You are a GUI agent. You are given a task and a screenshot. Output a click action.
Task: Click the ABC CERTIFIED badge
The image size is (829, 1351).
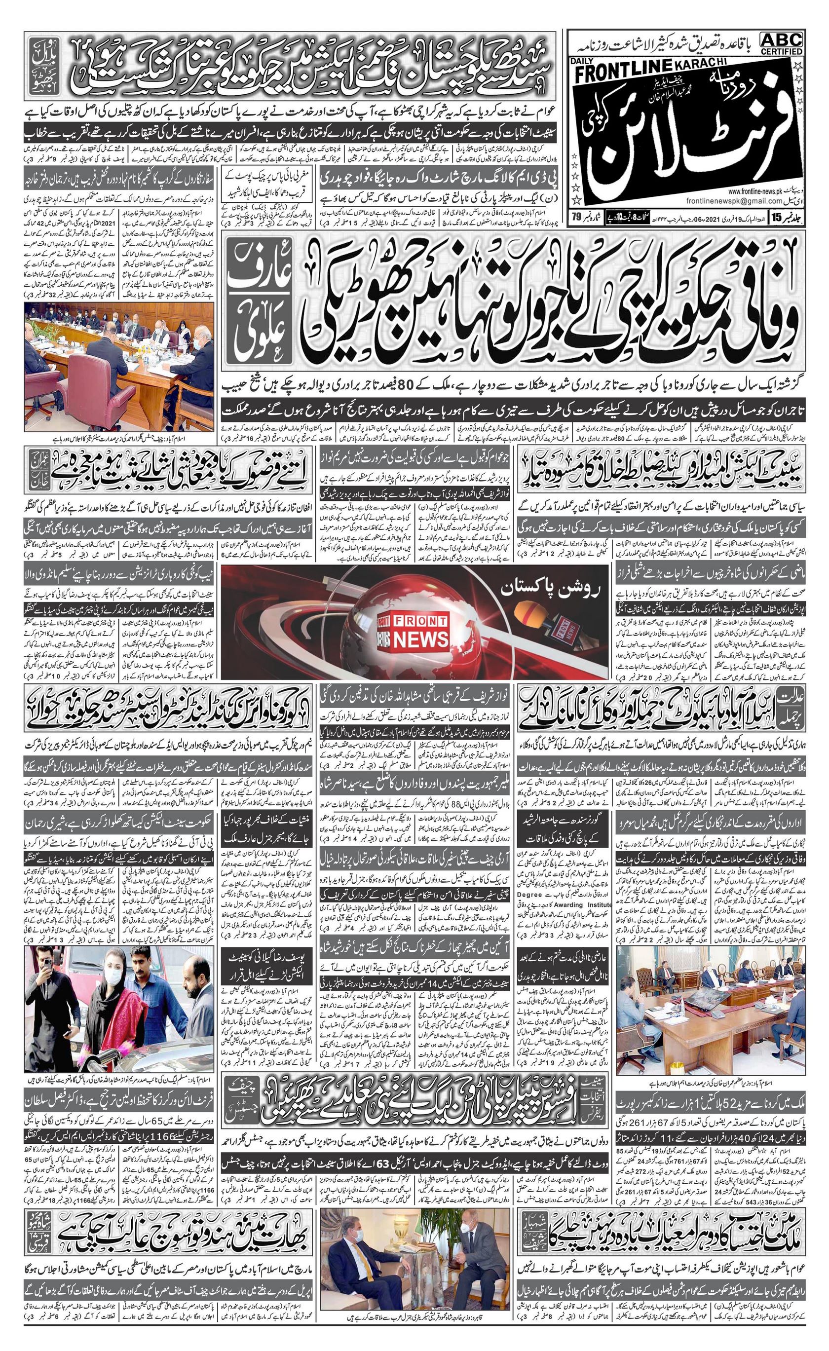click(x=781, y=42)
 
